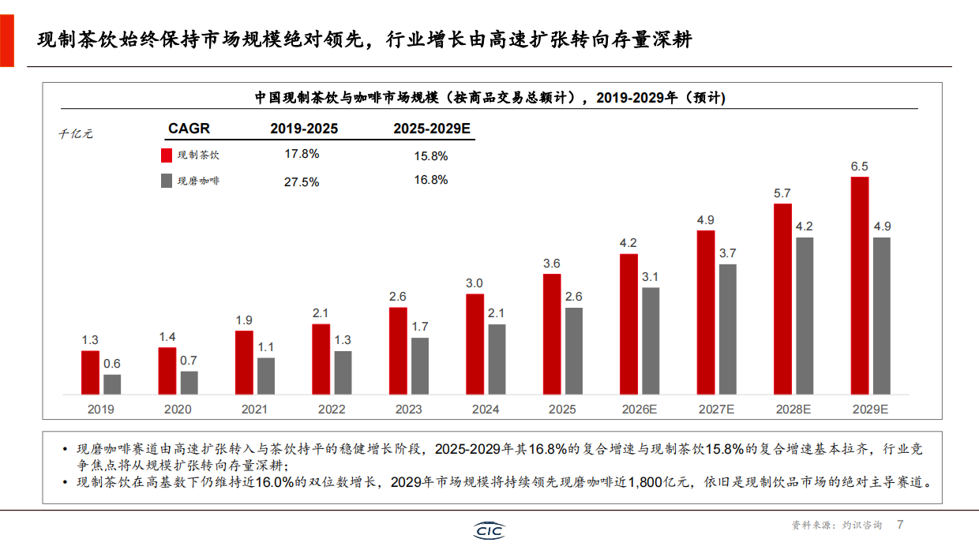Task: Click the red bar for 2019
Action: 90,372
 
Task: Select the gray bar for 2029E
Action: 882,316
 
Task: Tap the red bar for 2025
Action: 552,334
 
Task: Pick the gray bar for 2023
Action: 420,366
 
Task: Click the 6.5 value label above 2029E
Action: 860,166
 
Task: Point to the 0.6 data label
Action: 112,364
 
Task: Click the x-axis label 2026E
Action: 640,410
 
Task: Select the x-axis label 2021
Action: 254,410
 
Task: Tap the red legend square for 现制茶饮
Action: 167,155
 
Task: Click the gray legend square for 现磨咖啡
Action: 167,181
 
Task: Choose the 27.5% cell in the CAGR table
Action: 302,181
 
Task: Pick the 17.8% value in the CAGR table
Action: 302,154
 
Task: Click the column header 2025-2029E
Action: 431,129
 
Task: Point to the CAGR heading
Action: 189,129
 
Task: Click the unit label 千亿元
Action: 77,134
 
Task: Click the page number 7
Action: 899,524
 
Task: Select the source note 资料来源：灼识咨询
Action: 838,525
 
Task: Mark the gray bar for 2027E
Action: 728,329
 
